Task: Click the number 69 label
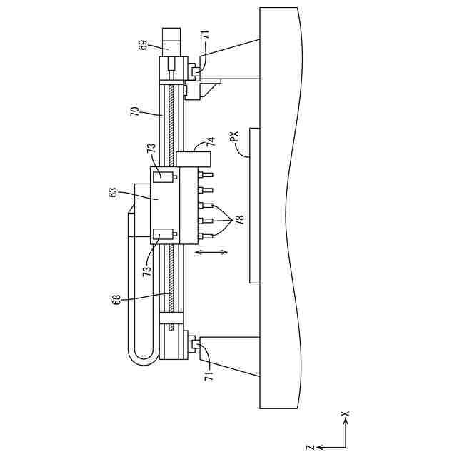[x=143, y=44]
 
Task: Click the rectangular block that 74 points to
[x=195, y=159]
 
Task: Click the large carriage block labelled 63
[x=165, y=206]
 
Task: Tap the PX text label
[x=234, y=136]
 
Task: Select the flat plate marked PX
[x=253, y=206]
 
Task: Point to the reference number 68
[x=117, y=299]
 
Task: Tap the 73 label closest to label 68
[x=146, y=269]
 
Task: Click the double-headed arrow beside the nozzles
[x=212, y=252]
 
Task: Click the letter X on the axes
[x=345, y=413]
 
